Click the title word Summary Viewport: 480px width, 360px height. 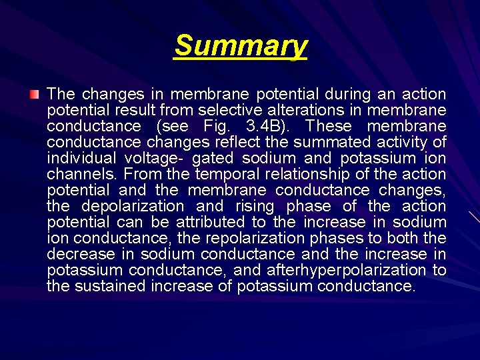pyautogui.click(x=241, y=46)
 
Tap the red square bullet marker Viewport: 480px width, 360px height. pyautogui.click(x=35, y=95)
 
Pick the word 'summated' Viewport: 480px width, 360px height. pyautogui.click(x=333, y=142)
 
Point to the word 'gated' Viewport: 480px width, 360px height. pyautogui.click(x=213, y=158)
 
